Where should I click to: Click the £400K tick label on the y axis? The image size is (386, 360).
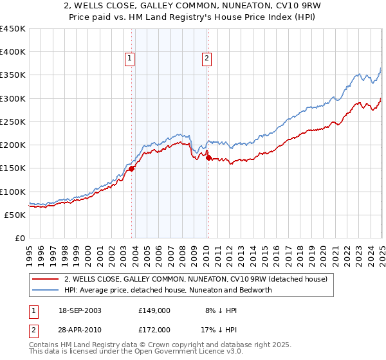pyautogui.click(x=13, y=52)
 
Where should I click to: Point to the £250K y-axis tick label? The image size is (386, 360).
pyautogui.click(x=13, y=122)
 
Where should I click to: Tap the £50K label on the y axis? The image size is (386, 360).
pyautogui.click(x=15, y=215)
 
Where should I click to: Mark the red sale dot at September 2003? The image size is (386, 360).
pyautogui.click(x=132, y=168)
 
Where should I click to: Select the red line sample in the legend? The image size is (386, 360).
pyautogui.click(x=45, y=279)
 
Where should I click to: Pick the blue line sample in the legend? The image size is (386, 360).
pyautogui.click(x=45, y=290)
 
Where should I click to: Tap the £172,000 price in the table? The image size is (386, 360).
pyautogui.click(x=155, y=329)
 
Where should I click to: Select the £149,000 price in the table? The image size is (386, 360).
pyautogui.click(x=155, y=310)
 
